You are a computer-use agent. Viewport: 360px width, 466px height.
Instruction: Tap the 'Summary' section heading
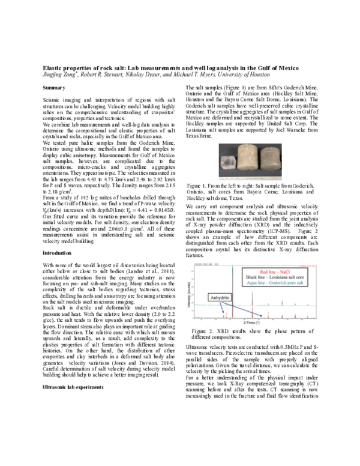pos(53,89)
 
